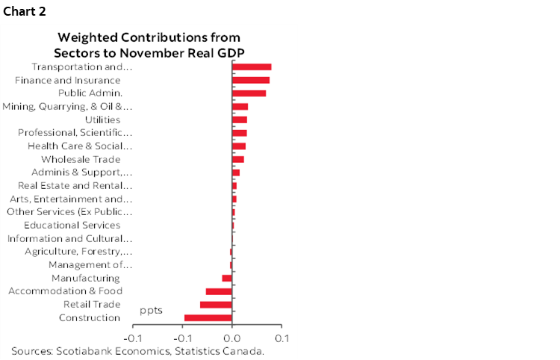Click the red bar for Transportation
pyautogui.click(x=252, y=67)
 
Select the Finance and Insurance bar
pyautogui.click(x=251, y=80)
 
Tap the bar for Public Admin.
pyautogui.click(x=249, y=93)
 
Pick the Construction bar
pyautogui.click(x=208, y=318)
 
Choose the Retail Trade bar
pyautogui.click(x=216, y=305)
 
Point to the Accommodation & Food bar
pyautogui.click(x=219, y=291)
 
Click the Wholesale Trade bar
pyautogui.click(x=238, y=159)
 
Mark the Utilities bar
pyautogui.click(x=240, y=120)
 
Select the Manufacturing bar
pyautogui.click(x=227, y=278)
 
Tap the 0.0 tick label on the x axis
pyautogui.click(x=232, y=338)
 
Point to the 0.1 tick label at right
pyautogui.click(x=281, y=338)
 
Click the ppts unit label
pyautogui.click(x=151, y=309)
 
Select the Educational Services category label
pyautogui.click(x=72, y=225)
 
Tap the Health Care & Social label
pyautogui.click(x=80, y=146)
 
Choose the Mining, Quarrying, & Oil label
pyautogui.click(x=68, y=107)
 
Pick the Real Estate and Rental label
pyautogui.click(x=75, y=185)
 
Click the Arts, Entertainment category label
pyautogui.click(x=71, y=199)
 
